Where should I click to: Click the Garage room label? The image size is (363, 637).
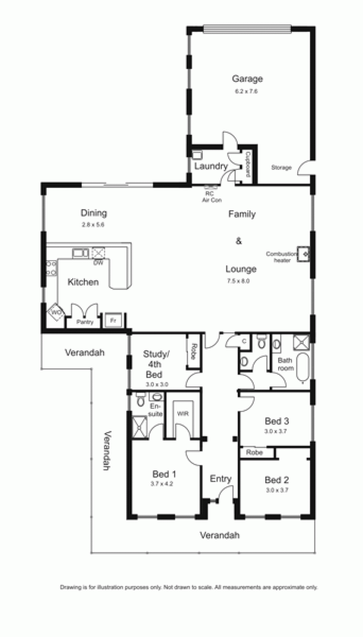tap(247, 79)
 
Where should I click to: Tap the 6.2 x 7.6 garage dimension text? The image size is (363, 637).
tap(246, 91)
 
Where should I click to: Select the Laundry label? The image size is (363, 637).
tap(211, 166)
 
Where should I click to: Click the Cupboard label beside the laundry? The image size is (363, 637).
tap(248, 164)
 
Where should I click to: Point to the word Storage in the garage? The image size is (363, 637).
tap(281, 168)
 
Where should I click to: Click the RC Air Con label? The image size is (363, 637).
tap(211, 197)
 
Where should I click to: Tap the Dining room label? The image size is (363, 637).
tap(94, 213)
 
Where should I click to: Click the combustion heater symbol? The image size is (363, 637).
tap(304, 253)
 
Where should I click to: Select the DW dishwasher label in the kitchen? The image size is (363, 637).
tap(98, 263)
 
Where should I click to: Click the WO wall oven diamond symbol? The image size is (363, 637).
tap(56, 312)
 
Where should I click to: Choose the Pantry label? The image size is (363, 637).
tap(85, 322)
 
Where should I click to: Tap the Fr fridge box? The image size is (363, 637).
tap(113, 320)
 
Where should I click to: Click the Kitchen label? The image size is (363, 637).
tap(83, 282)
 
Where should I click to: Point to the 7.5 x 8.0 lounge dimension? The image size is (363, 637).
tap(238, 281)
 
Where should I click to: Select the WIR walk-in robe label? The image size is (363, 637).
tap(183, 414)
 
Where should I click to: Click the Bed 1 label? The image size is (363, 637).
tap(164, 474)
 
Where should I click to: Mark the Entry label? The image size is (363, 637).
tap(221, 479)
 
